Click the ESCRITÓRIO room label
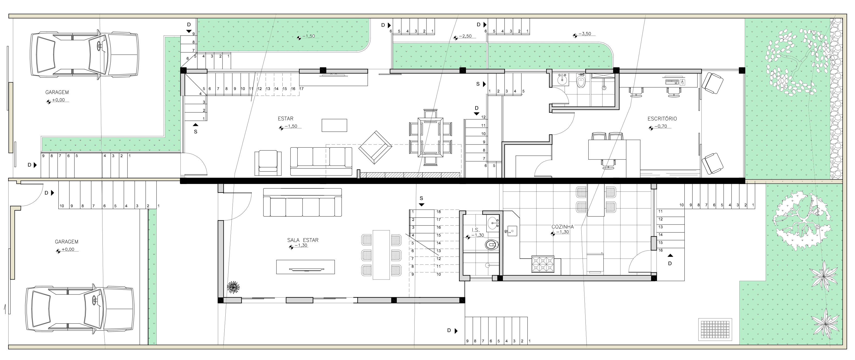[662, 118]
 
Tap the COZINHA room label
[562, 227]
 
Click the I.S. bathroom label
[475, 230]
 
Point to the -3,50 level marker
[584, 34]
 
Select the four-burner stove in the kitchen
[543, 264]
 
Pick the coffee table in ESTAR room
[334, 125]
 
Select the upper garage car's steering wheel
[99, 46]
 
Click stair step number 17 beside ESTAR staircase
[301, 89]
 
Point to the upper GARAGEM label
[57, 92]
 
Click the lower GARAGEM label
[66, 242]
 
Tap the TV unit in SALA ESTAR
[305, 267]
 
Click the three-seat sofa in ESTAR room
[321, 161]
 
